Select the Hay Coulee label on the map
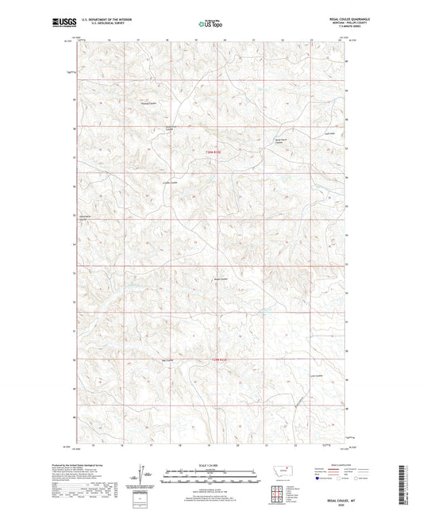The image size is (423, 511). [x=166, y=364]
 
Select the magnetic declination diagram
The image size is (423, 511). [x=144, y=477]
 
